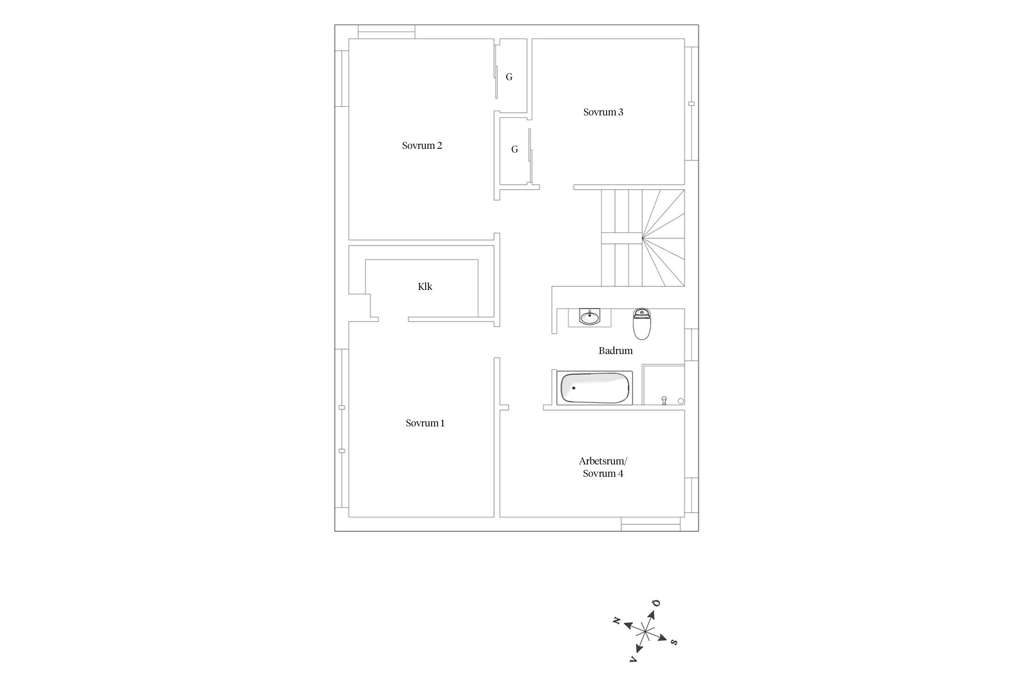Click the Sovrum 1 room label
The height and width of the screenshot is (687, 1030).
pyautogui.click(x=425, y=423)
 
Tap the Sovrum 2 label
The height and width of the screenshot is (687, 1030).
pyautogui.click(x=422, y=146)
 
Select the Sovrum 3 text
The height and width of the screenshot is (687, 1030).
pyautogui.click(x=603, y=112)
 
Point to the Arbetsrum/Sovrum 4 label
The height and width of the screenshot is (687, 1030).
pyautogui.click(x=603, y=467)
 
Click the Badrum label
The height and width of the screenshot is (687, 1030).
pyautogui.click(x=616, y=351)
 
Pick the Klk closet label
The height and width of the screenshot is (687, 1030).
pyautogui.click(x=425, y=287)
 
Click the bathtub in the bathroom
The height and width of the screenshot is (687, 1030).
pyautogui.click(x=595, y=388)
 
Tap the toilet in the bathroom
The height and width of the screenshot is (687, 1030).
pyautogui.click(x=642, y=324)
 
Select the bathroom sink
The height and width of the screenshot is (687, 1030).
pyautogui.click(x=590, y=317)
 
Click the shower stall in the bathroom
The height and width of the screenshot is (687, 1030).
pyautogui.click(x=663, y=385)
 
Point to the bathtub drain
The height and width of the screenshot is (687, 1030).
pyautogui.click(x=574, y=388)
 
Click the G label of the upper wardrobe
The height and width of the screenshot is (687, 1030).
pyautogui.click(x=509, y=77)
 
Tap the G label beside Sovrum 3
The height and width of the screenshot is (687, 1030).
pyautogui.click(x=515, y=149)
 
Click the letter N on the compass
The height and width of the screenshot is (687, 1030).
pyautogui.click(x=617, y=621)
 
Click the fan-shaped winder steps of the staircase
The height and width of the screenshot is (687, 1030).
pyautogui.click(x=663, y=238)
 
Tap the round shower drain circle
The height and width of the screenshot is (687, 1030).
pyautogui.click(x=681, y=401)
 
